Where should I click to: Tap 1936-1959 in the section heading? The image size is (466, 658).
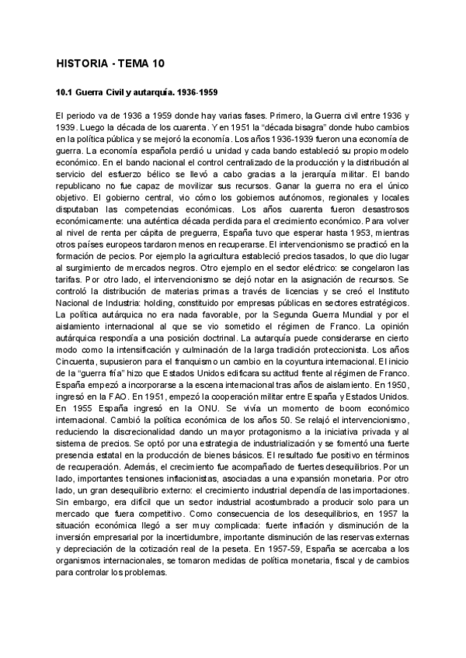click(195, 92)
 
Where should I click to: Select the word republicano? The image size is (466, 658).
click(81, 187)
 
